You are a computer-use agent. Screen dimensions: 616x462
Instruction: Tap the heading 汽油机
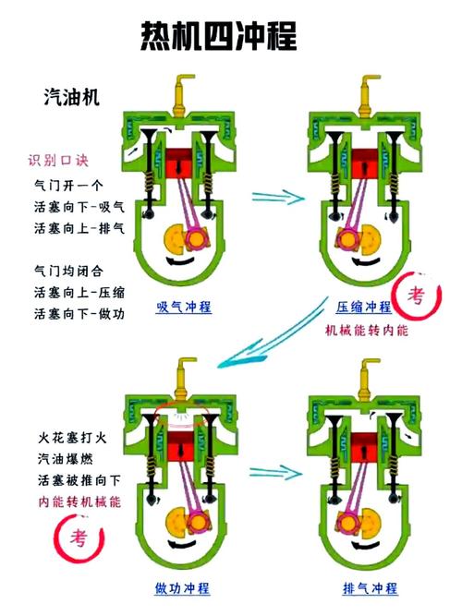click(71, 95)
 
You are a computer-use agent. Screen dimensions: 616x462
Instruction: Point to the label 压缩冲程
click(363, 306)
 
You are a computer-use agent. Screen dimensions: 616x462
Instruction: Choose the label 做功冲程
click(182, 588)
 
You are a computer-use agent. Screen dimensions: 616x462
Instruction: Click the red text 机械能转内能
click(365, 330)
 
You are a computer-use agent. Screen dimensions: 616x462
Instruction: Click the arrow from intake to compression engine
click(277, 196)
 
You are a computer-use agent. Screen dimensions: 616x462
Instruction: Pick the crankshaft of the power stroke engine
click(182, 522)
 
